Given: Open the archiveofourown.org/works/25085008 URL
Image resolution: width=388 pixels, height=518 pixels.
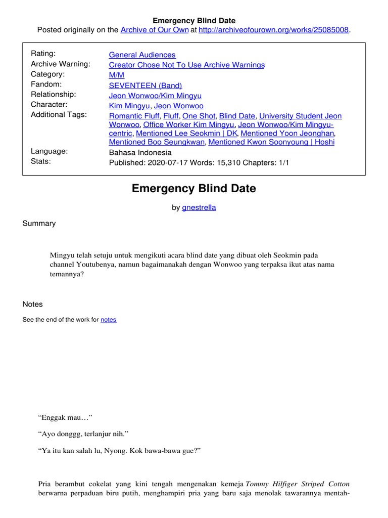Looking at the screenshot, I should [273, 30].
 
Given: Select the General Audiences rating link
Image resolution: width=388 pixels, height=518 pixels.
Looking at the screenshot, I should [142, 55].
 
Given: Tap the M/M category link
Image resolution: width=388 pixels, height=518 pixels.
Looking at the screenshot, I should [116, 74].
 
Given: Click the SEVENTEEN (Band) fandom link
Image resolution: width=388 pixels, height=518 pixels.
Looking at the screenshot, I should [145, 85].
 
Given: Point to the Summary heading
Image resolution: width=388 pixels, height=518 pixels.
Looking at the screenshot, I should [39, 223].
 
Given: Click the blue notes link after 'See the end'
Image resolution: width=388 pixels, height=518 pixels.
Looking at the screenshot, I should [108, 320].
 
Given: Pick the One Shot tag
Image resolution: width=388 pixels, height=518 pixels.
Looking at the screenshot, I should [199, 116].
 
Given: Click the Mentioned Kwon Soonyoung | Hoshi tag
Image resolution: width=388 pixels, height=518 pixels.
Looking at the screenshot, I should [271, 142].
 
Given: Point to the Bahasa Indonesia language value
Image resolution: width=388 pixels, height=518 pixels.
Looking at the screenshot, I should [140, 152].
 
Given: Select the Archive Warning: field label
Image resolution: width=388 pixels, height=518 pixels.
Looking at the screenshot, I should [61, 64].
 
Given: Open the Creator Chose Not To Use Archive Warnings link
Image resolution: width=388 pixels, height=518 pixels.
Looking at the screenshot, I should [186, 65].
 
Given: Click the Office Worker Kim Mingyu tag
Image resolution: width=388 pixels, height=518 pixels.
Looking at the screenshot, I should [188, 124].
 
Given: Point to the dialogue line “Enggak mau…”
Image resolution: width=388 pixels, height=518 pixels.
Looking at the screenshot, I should [64, 417].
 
